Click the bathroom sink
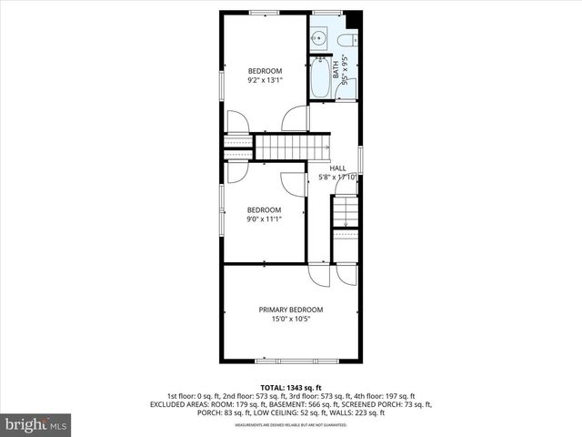coord(318,38)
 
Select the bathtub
coord(321,78)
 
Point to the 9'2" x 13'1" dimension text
coord(266,80)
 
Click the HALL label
coord(337,168)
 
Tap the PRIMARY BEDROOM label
coord(291,310)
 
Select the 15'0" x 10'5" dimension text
coord(291,319)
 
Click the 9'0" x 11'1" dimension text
coord(265,218)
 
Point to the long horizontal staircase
coord(291,146)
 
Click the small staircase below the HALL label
coord(346,213)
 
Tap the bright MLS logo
coord(36,424)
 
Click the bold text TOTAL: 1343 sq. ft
coord(291,387)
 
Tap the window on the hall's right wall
coord(361,159)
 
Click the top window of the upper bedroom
coord(265,12)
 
